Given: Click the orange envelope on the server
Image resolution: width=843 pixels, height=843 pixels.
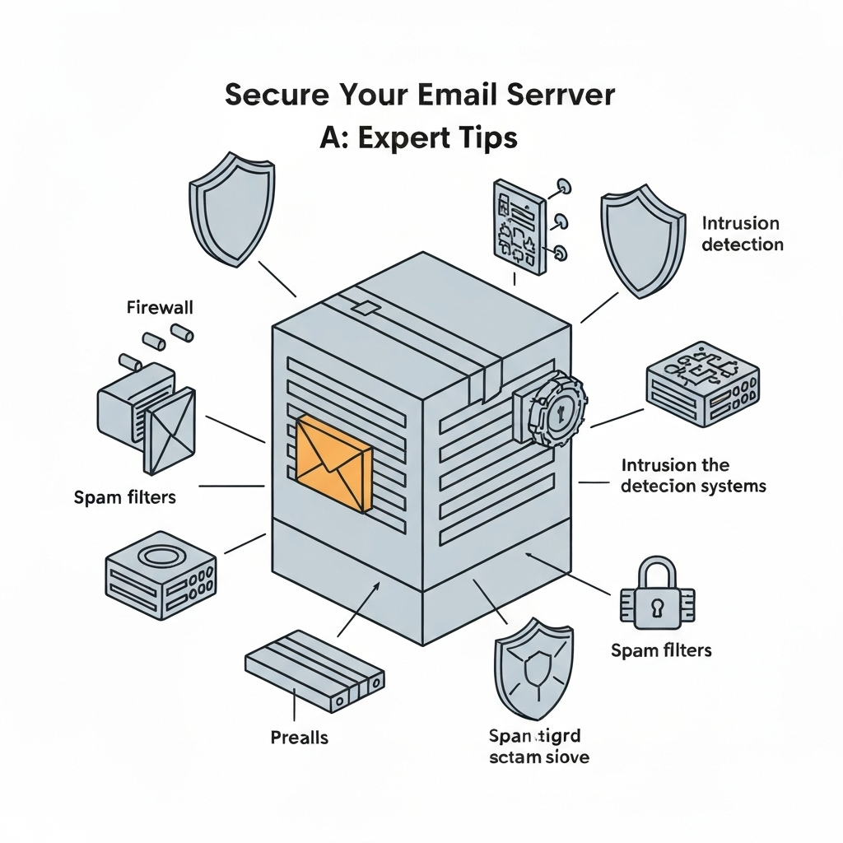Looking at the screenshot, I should click(x=333, y=463).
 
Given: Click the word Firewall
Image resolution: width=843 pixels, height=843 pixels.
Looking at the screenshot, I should click(x=160, y=308).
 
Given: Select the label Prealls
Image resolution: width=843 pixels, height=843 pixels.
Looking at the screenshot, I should click(x=299, y=737).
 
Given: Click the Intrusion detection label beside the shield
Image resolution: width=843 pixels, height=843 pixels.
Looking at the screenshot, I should click(x=742, y=233).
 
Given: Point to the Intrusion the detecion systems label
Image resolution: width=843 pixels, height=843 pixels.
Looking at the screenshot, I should click(x=692, y=476).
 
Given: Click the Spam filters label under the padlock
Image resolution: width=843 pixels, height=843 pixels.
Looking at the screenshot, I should click(x=661, y=650).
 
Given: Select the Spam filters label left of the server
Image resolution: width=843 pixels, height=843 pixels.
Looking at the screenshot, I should click(x=124, y=497).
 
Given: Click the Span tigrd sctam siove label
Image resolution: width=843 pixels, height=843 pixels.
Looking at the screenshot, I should click(x=538, y=746).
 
